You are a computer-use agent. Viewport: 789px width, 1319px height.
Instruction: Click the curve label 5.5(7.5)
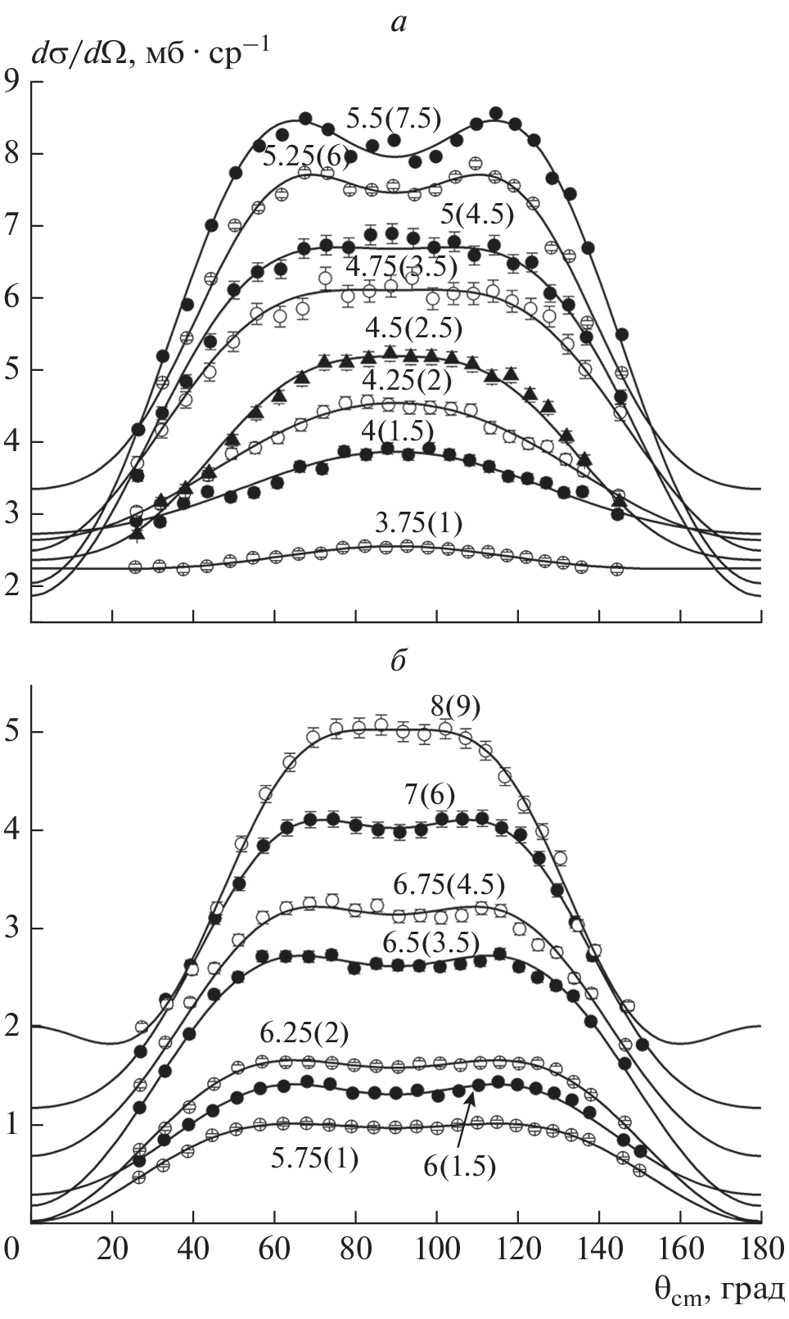click(x=393, y=120)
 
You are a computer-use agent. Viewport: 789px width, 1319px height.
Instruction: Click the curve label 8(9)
click(x=455, y=705)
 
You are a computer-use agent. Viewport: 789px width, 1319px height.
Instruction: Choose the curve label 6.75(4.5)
click(x=449, y=885)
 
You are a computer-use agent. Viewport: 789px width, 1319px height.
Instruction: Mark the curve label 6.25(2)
click(x=304, y=1034)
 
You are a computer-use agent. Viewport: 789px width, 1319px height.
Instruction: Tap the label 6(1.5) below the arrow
click(x=460, y=1166)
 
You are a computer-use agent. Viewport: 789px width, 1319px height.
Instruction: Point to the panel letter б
click(x=398, y=662)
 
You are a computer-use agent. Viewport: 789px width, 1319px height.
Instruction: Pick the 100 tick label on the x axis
click(x=435, y=1249)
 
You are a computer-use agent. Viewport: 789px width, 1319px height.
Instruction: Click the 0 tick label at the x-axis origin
click(x=11, y=1249)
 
